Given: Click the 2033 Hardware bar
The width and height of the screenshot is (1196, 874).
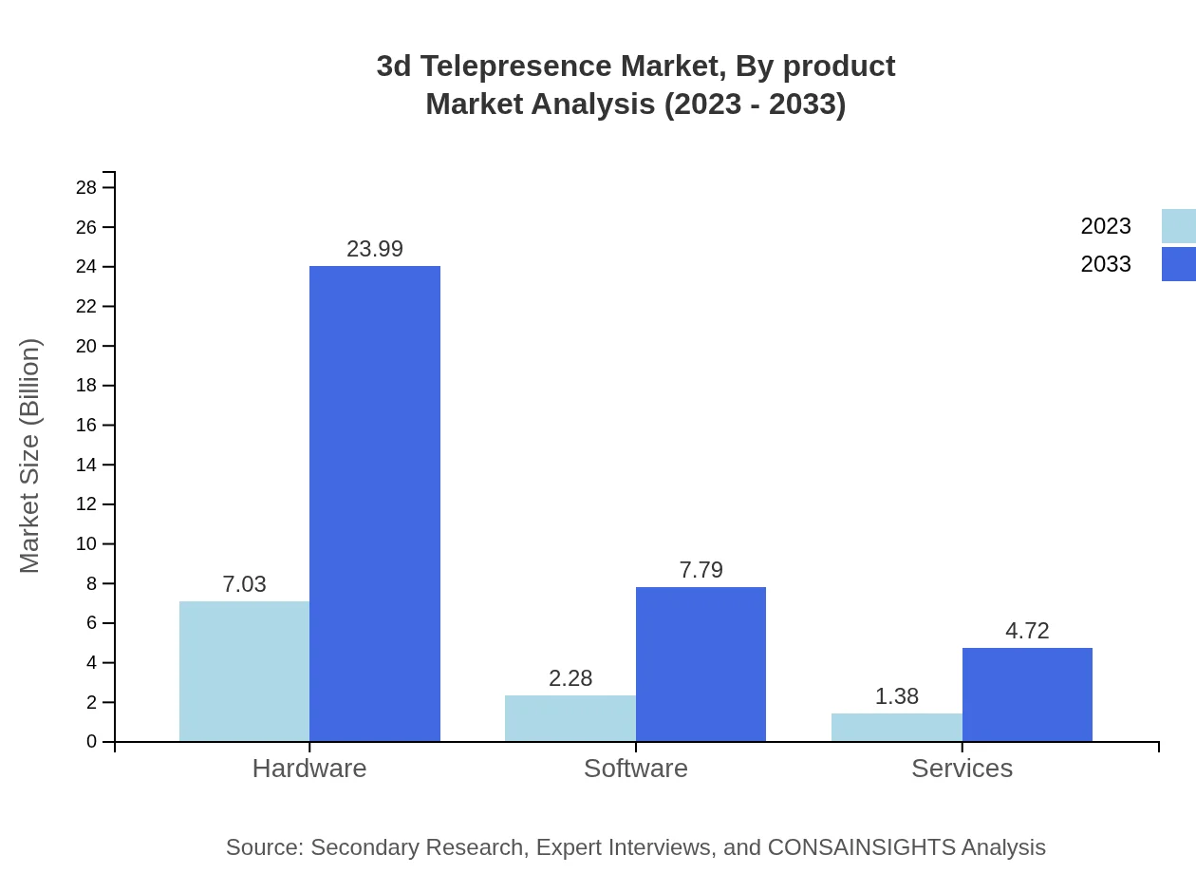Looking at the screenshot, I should point(375,503).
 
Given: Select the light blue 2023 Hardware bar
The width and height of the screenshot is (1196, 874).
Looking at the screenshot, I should point(244,671).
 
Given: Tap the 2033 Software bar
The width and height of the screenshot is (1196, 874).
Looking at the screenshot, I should point(701,664).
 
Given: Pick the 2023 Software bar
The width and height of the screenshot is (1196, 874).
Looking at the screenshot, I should point(570,718).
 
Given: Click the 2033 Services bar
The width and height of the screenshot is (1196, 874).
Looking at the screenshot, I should point(1027,694).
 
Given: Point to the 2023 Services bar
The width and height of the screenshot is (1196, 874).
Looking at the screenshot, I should point(896,728).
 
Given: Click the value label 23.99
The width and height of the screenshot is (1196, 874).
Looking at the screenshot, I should point(375,249).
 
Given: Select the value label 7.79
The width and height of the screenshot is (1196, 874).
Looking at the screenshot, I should point(701,570).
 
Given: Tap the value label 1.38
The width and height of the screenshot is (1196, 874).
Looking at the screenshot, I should point(896,696).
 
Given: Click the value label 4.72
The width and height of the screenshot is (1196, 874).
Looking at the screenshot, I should point(1027,631).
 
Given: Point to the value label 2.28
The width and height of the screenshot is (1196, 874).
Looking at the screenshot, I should point(570,678).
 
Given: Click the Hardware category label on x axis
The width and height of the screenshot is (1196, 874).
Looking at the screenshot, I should point(309,769).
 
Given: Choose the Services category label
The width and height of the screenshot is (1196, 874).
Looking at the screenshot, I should point(962,769).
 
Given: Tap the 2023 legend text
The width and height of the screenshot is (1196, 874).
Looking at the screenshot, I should point(1105,226).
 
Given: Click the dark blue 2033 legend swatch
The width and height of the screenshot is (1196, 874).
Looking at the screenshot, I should point(1178,264).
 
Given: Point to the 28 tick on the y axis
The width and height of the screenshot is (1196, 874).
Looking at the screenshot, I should point(86,187).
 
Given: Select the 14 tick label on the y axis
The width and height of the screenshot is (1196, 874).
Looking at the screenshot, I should point(86,465).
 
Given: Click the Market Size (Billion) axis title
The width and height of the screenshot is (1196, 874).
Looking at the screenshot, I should point(29,456).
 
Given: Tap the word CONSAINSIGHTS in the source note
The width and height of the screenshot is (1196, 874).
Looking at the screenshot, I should point(860,847).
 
